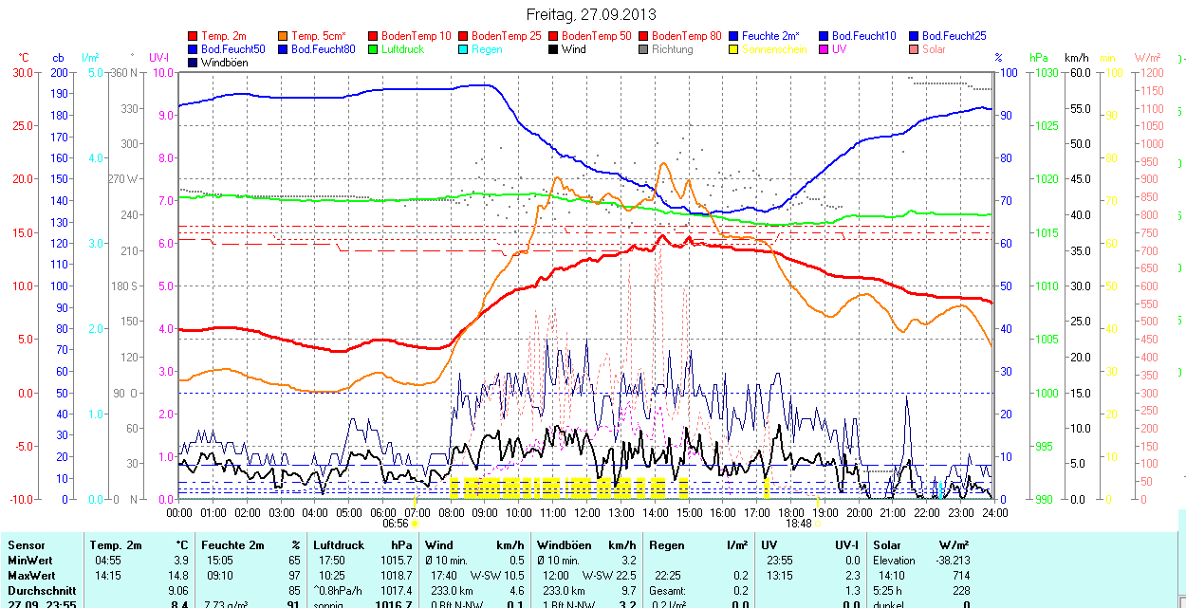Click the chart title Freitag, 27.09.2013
point(591,15)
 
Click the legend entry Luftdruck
point(402,49)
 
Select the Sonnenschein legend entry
point(774,49)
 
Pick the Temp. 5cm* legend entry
point(318,36)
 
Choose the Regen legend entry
point(487,49)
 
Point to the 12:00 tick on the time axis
point(587,513)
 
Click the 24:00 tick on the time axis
point(994,513)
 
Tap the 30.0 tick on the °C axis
point(21,72)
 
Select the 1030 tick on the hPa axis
point(1046,72)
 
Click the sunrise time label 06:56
point(396,524)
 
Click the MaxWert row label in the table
point(31,576)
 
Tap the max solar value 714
point(960,576)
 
